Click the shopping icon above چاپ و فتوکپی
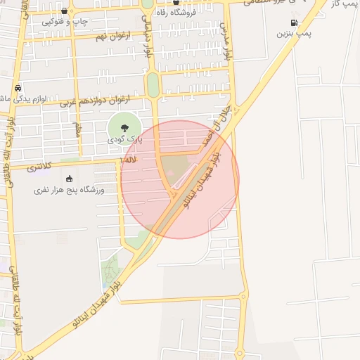(x=65, y=11)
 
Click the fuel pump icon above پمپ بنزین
(x=293, y=22)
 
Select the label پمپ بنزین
(x=294, y=33)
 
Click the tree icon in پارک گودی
(x=124, y=128)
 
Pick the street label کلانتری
(x=40, y=167)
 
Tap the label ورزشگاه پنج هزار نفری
(x=69, y=190)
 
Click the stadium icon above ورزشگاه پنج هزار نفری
(x=69, y=178)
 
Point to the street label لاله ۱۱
(x=129, y=160)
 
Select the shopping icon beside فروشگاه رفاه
(x=166, y=11)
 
